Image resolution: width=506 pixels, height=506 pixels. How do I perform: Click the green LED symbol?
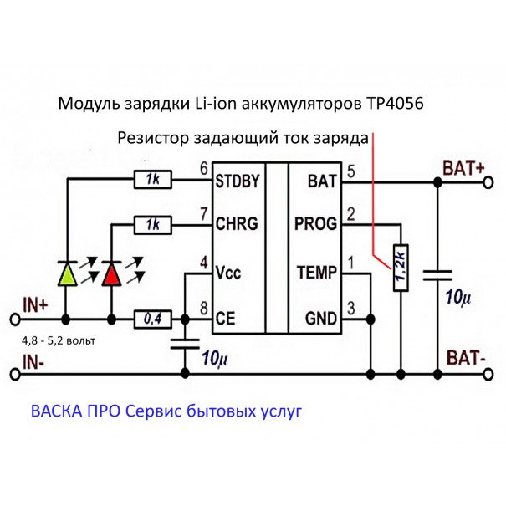[x=67, y=273]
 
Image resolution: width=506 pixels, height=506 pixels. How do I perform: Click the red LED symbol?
[x=111, y=273]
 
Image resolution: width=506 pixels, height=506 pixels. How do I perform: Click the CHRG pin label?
[x=236, y=224]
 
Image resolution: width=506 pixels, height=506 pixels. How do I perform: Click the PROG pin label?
[x=316, y=224]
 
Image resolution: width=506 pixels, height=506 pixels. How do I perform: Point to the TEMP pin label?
[x=316, y=273]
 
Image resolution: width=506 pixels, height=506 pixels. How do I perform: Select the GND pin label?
[x=321, y=319]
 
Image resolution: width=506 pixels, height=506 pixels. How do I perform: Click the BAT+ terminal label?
[x=464, y=167]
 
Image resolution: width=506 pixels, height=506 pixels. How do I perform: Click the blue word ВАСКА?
[x=57, y=412]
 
